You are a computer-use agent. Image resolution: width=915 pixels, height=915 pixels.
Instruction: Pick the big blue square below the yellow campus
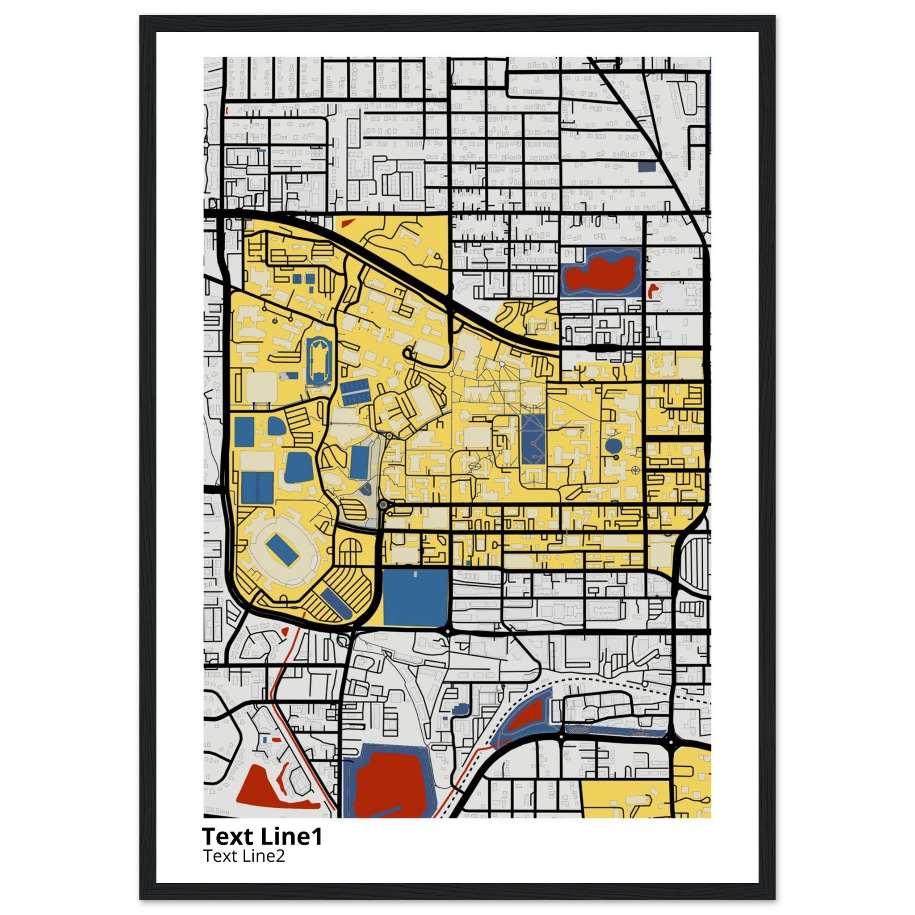click(416, 597)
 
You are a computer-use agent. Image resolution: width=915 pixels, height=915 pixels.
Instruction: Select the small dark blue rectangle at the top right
click(646, 166)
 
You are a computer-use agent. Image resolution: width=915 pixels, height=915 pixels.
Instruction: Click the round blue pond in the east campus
click(614, 445)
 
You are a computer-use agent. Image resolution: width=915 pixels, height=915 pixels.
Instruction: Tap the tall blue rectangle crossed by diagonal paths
click(533, 440)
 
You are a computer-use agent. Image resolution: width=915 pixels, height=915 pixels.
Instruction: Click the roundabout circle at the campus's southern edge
click(383, 505)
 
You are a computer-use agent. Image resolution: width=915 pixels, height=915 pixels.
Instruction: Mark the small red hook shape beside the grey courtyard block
click(652, 290)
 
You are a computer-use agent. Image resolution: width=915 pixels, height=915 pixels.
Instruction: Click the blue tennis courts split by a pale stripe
click(257, 487)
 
